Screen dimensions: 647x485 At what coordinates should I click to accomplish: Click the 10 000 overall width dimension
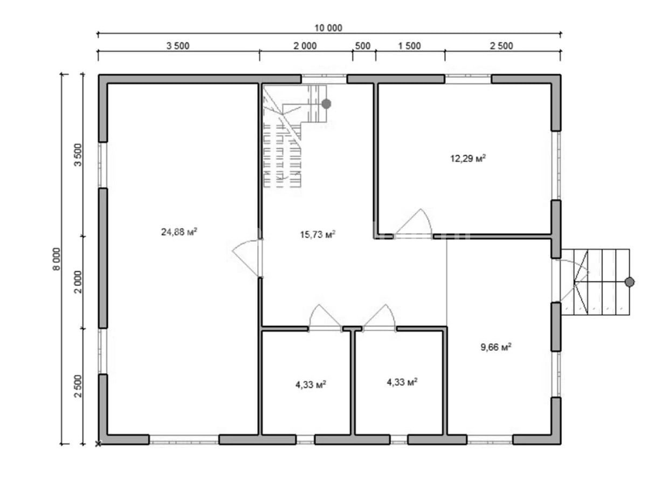(328, 28)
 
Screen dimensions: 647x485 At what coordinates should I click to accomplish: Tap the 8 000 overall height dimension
(56, 259)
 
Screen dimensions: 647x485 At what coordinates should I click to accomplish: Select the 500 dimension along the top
(362, 46)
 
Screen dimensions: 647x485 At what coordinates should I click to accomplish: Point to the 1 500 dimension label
(409, 46)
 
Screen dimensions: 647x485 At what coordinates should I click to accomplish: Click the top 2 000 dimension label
(305, 46)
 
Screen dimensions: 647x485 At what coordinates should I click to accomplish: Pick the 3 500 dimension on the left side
(78, 155)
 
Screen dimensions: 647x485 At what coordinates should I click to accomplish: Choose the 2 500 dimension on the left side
(78, 386)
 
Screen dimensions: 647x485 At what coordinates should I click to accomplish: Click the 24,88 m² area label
(179, 232)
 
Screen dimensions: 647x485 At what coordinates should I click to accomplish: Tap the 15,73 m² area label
(318, 234)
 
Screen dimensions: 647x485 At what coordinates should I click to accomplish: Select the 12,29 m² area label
(468, 158)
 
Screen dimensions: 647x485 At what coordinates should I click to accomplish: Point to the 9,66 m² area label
(496, 347)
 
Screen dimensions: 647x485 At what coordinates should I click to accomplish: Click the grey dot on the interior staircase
(326, 103)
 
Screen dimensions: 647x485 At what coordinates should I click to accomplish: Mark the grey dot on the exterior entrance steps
(629, 282)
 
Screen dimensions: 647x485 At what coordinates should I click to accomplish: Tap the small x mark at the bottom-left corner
(98, 444)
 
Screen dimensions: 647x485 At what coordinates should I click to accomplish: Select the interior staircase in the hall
(295, 136)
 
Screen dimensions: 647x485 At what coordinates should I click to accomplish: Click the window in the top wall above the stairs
(324, 78)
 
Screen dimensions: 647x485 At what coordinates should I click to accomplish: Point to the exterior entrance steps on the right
(595, 282)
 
